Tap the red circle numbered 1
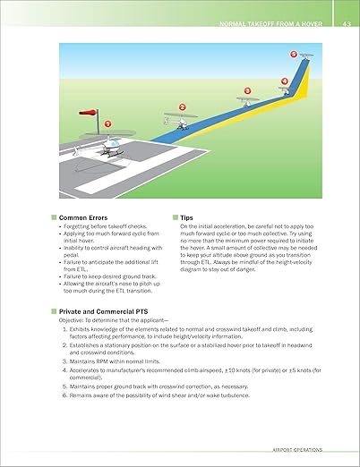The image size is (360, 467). click(109, 123)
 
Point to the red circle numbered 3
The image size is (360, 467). click(248, 90)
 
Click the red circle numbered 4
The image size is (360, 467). click(284, 81)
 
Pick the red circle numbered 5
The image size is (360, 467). click(294, 55)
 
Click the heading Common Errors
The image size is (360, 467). click(83, 217)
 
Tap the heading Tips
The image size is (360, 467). click(186, 217)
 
